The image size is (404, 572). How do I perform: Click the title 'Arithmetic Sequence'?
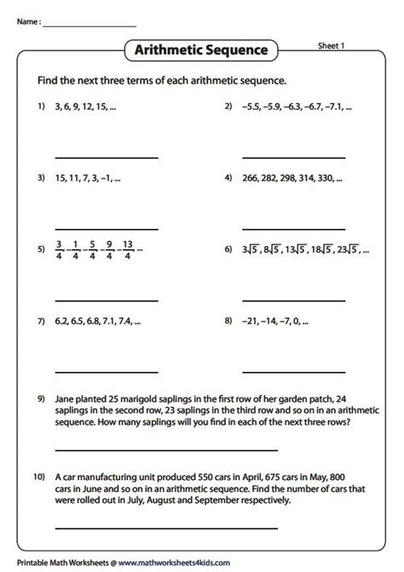point(201,51)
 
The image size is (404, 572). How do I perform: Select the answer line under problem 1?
point(107,157)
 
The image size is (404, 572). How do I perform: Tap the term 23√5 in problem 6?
point(343,251)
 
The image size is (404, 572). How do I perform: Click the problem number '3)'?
point(40,180)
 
